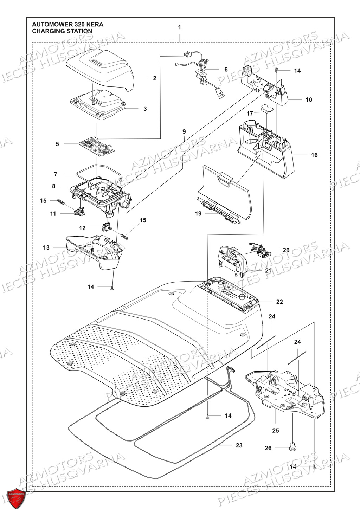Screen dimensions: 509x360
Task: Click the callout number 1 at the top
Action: tap(180, 27)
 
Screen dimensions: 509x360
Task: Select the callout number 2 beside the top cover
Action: tap(154, 78)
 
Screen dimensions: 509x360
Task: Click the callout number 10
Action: tap(308, 100)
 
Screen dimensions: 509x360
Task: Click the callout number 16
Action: tap(314, 155)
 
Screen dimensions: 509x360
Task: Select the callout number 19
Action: tap(198, 213)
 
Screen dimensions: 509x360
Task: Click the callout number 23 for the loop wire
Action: tap(239, 445)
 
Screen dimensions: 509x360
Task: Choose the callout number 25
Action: tap(275, 430)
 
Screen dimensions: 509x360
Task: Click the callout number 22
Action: tap(279, 302)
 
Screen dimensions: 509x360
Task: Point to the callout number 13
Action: tap(46, 247)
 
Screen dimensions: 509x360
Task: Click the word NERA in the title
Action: tap(94, 25)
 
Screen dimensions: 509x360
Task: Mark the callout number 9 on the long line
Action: tap(184, 132)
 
